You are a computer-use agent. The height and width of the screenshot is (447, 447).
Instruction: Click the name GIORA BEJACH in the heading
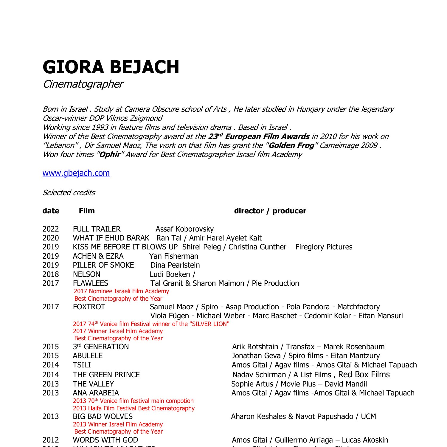[111, 67]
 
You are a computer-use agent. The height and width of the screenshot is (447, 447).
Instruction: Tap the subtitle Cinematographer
[83, 84]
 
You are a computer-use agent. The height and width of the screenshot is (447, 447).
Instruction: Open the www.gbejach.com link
[76, 173]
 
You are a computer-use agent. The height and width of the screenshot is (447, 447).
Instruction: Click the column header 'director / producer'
[270, 211]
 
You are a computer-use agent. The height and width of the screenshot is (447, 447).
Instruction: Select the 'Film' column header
[87, 211]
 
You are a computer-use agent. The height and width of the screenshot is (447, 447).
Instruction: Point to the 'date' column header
[51, 211]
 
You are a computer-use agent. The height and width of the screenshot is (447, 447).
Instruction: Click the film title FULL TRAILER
[97, 229]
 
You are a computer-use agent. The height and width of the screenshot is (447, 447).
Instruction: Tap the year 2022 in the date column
[51, 229]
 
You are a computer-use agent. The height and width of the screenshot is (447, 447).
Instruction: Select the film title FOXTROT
[89, 307]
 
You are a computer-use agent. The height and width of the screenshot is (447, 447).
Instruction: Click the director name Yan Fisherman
[173, 256]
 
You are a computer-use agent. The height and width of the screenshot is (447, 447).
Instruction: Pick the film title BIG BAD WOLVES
[103, 417]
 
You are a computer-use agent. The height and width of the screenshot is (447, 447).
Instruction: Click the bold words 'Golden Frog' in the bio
[291, 145]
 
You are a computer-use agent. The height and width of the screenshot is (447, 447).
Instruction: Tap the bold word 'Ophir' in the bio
[110, 155]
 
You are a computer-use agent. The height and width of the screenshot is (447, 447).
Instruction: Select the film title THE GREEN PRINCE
[106, 375]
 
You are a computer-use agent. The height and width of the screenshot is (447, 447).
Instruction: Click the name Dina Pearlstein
[175, 265]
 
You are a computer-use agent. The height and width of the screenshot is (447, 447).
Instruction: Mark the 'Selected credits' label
[69, 193]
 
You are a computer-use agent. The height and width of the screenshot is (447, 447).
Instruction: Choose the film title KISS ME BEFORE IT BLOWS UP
[125, 247]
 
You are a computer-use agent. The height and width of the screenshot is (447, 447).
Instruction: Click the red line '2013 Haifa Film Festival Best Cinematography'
[134, 409]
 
